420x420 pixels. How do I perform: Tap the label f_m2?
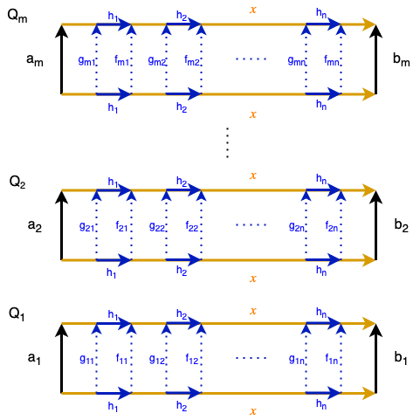[191, 60]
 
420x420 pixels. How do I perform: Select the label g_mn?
[297, 61]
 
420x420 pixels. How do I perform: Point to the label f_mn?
[331, 60]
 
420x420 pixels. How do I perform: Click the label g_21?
[86, 227]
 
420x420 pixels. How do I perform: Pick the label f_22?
[191, 226]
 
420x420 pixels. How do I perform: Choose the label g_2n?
[297, 227]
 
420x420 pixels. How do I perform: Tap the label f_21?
[121, 226]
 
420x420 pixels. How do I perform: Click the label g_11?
[86, 360]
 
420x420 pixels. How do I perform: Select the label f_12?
[191, 359]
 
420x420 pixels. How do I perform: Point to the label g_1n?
[297, 360]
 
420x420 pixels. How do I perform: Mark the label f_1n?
[331, 359]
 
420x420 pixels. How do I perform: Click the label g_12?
[157, 360]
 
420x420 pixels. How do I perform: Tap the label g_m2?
[156, 61]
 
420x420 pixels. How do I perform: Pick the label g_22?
[157, 227]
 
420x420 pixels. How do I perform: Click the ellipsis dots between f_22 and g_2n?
[251, 225]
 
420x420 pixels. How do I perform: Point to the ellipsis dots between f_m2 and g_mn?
[251, 59]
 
